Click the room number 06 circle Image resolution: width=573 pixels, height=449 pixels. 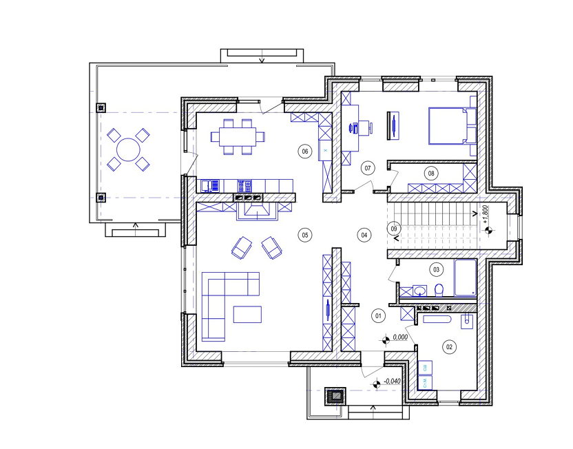(x=305, y=152)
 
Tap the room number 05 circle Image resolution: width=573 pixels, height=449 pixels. (x=305, y=235)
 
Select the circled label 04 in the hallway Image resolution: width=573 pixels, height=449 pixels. (x=364, y=235)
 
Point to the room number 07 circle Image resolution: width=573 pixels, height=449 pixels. (x=368, y=168)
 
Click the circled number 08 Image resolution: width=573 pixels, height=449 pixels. (x=431, y=173)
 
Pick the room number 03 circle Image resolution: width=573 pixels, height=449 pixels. (x=437, y=270)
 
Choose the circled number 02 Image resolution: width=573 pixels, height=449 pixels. (x=449, y=346)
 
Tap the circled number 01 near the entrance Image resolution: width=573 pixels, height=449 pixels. (x=378, y=315)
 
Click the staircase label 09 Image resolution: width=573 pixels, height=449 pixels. (x=394, y=229)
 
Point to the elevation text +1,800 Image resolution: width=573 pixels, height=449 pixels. (x=486, y=214)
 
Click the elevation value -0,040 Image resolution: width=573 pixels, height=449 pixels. (x=392, y=382)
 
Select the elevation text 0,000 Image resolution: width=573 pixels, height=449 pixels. (x=401, y=337)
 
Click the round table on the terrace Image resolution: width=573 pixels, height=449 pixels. (x=128, y=149)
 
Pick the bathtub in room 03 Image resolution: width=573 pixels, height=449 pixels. (x=465, y=278)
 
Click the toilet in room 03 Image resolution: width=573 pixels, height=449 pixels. (x=439, y=290)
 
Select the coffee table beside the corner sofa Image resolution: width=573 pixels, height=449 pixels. (x=247, y=315)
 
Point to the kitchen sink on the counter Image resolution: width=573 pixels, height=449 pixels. (x=210, y=186)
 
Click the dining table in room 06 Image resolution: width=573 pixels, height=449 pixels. (x=238, y=136)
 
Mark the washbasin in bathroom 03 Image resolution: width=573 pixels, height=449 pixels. (x=420, y=291)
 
